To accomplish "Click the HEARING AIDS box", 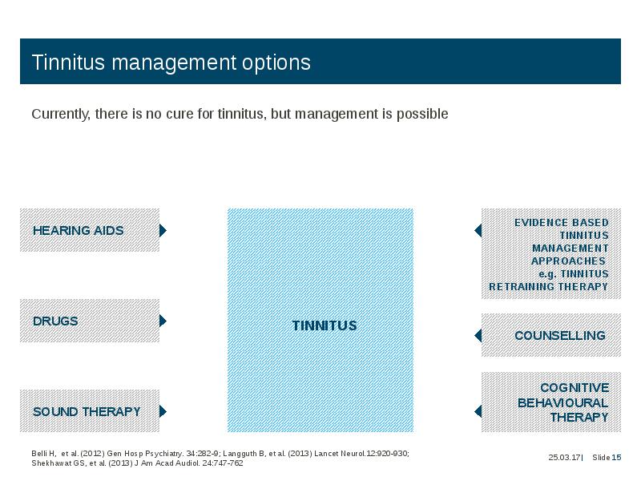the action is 90,230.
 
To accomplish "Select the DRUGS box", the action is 90,321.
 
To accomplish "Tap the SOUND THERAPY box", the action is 90,410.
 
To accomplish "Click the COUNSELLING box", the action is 551,335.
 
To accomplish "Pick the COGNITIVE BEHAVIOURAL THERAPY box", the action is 551,402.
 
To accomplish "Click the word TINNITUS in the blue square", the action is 325,325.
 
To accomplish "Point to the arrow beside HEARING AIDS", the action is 163,230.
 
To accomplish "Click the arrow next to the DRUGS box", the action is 163,321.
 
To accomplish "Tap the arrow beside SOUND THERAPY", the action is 163,411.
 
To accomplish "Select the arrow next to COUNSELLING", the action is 478,335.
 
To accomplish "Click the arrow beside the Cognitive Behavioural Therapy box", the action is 478,411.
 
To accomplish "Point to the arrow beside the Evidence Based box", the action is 478,230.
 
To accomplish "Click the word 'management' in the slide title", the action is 174,63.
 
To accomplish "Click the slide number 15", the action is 616,457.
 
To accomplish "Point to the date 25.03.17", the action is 565,457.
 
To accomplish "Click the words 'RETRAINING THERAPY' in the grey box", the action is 549,287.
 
